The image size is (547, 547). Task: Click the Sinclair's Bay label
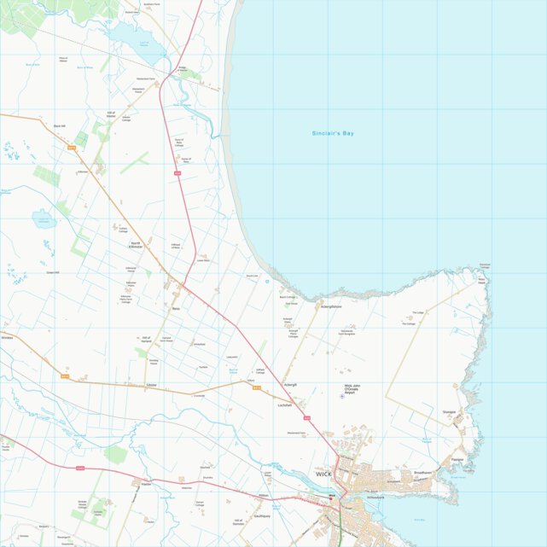(333, 134)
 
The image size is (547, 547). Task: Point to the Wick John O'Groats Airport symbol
(343, 396)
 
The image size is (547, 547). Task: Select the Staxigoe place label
(449, 412)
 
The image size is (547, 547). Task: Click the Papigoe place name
(457, 458)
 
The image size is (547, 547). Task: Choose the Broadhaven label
(423, 472)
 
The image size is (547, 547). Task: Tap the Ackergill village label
(290, 385)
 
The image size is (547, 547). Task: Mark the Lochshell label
(285, 405)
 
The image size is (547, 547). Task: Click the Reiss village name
(176, 309)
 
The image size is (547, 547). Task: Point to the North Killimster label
(136, 245)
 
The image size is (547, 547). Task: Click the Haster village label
(146, 484)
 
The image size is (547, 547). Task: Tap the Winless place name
(9, 337)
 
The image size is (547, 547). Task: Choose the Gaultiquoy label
(262, 516)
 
